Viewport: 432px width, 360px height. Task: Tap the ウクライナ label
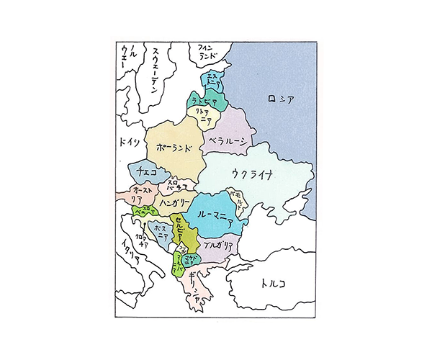pos(253,174)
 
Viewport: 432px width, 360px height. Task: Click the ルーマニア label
pos(212,214)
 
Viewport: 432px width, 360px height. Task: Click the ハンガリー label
pos(174,202)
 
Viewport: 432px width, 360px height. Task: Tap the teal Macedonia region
pos(191,257)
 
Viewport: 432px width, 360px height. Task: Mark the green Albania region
pos(178,261)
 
